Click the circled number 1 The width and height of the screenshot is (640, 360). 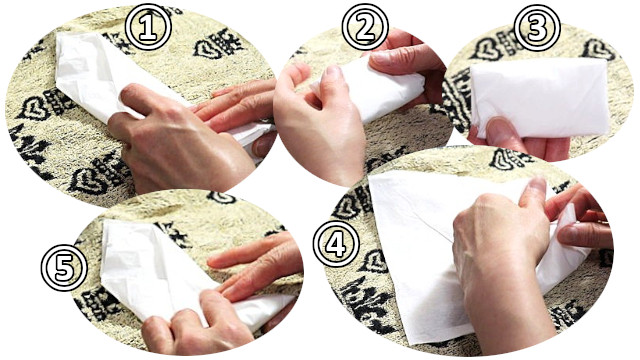pyautogui.click(x=148, y=27)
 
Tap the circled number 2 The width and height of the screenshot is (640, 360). pyautogui.click(x=365, y=27)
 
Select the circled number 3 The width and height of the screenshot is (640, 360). pyautogui.click(x=537, y=28)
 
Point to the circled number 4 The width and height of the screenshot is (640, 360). pyautogui.click(x=336, y=244)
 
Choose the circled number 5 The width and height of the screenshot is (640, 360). pyautogui.click(x=64, y=267)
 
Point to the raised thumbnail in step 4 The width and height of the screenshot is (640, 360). pyautogui.click(x=538, y=184)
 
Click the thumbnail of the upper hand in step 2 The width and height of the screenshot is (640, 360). pyautogui.click(x=379, y=58)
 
